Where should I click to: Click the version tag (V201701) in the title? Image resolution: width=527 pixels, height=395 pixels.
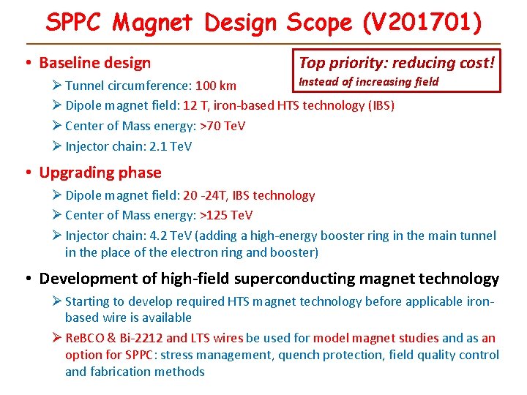422,23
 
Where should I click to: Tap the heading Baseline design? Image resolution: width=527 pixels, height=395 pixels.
94,63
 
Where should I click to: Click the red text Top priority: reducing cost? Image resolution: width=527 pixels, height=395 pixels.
395,62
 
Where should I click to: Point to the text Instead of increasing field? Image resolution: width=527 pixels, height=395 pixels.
369,81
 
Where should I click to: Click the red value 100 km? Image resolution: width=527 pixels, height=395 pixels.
215,86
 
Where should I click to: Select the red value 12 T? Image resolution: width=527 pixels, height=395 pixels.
193,105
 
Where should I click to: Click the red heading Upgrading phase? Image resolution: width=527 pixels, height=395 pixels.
100,173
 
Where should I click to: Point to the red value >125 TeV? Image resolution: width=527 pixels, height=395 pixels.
226,215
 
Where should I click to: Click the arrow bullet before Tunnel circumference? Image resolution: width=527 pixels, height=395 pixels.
57,86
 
